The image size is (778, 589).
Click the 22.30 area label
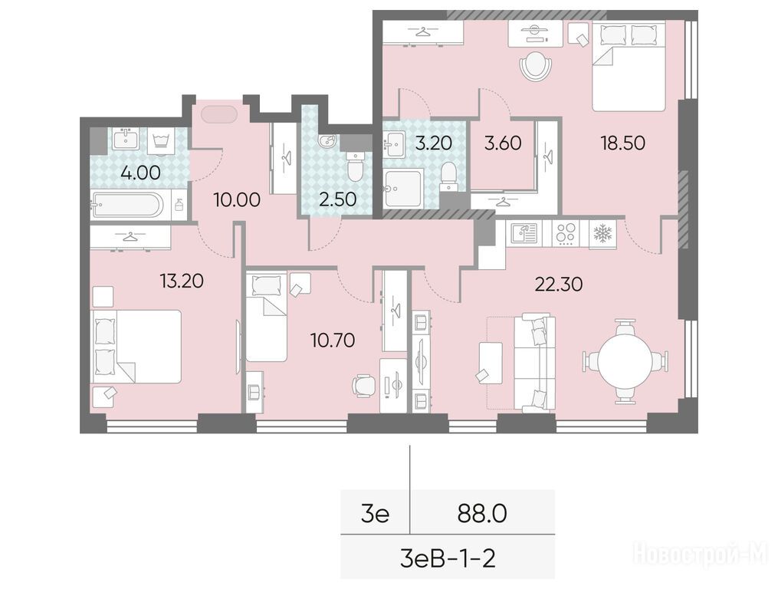coord(558,284)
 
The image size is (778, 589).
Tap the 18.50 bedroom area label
coord(622,143)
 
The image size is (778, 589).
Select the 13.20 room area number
coord(182,281)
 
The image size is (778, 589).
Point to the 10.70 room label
coord(333,341)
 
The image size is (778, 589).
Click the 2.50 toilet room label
coord(337,199)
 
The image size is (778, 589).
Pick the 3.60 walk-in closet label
coord(503,143)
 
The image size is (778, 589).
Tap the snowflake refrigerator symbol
coord(603,232)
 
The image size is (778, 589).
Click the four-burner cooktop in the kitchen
coord(566,233)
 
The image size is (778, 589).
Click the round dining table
coord(624,360)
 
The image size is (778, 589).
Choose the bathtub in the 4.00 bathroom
coord(131,205)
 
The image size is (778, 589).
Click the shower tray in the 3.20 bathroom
coord(403,188)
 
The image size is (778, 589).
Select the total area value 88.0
coord(482,514)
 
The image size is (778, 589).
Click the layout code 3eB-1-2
coord(448,559)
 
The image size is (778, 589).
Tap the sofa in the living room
coord(534,363)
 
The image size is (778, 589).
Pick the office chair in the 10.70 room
coord(363,385)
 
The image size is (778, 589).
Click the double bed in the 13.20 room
coord(136,347)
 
